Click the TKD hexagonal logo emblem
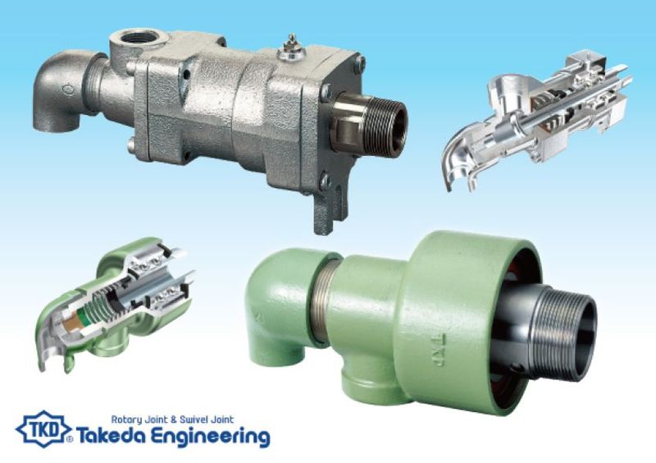tap(43, 429)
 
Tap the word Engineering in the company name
tap(210, 438)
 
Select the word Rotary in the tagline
tap(128, 419)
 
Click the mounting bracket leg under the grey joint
tap(330, 204)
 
